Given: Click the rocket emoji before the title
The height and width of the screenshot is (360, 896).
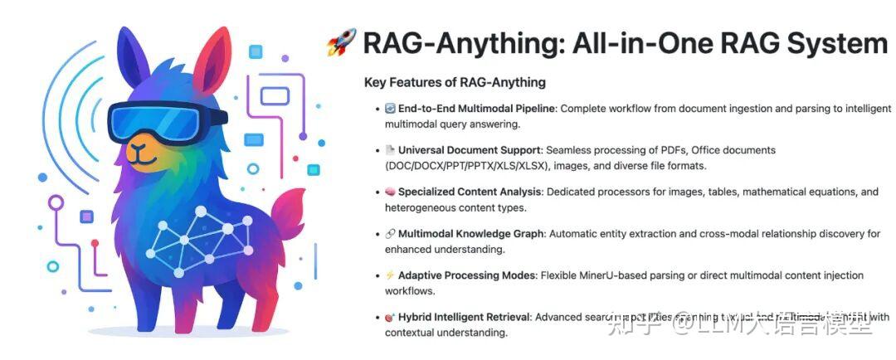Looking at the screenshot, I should pyautogui.click(x=341, y=42).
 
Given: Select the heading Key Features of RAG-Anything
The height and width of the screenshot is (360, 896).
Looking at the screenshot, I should pyautogui.click(x=454, y=82).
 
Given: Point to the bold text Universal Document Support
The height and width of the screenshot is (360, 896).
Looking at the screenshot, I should pyautogui.click(x=470, y=150).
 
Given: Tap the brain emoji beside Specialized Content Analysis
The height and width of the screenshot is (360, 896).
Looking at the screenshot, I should pyautogui.click(x=390, y=192).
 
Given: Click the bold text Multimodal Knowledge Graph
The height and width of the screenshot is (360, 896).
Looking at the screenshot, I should pyautogui.click(x=470, y=234).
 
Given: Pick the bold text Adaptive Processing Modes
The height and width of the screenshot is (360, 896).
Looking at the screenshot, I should pyautogui.click(x=467, y=275).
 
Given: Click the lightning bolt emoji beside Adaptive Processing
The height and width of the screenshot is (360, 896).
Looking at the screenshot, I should pyautogui.click(x=390, y=275).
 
